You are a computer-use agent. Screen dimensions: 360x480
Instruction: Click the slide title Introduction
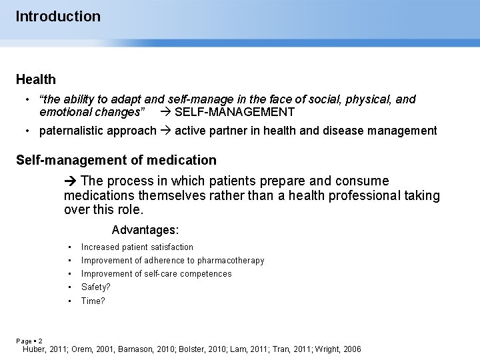[x=58, y=16]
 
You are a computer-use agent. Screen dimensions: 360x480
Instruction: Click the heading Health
[x=36, y=79]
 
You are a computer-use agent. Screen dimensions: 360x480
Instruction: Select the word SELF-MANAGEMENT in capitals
[x=235, y=112]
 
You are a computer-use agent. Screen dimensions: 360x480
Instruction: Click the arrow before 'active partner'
[x=166, y=131]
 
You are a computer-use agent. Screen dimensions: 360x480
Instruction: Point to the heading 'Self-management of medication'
[x=116, y=160]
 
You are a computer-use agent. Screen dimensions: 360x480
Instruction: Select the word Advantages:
[x=145, y=230]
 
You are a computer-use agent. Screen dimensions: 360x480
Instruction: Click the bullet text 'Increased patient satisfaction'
[x=137, y=247]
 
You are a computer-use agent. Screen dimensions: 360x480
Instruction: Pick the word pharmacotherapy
[x=231, y=260]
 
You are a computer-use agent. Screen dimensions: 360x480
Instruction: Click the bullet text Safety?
[x=96, y=287]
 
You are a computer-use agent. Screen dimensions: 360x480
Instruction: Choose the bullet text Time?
[x=93, y=301]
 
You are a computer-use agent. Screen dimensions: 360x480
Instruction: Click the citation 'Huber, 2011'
[x=45, y=349]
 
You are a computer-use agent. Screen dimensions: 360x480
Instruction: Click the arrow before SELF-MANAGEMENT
[x=166, y=112]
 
